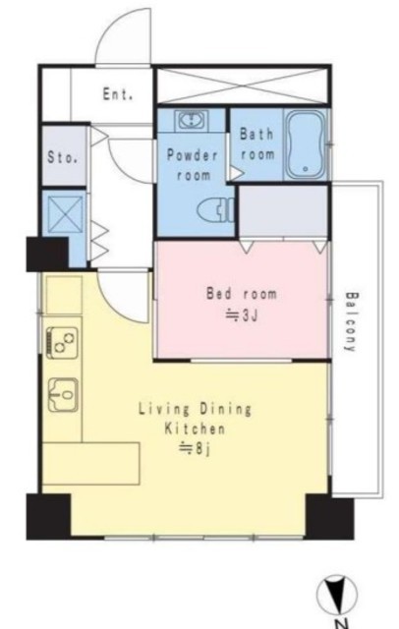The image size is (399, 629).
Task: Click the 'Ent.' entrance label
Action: pyautogui.click(x=118, y=94)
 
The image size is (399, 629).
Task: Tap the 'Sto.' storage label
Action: pyautogui.click(x=62, y=157)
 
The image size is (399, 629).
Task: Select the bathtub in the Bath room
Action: pyautogui.click(x=306, y=144)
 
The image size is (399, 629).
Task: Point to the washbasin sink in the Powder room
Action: pyautogui.click(x=193, y=120)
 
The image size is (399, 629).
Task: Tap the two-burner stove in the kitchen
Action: pyautogui.click(x=62, y=342)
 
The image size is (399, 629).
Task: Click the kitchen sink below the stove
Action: pyautogui.click(x=63, y=395)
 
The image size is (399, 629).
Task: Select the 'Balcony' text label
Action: pyautogui.click(x=351, y=321)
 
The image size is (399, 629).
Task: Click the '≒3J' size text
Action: pyautogui.click(x=241, y=316)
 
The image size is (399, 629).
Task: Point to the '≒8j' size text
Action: pyautogui.click(x=194, y=448)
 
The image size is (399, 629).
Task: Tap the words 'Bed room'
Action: pyautogui.click(x=242, y=294)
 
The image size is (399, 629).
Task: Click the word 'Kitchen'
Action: pyautogui.click(x=195, y=429)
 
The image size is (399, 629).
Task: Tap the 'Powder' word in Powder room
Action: pyautogui.click(x=193, y=155)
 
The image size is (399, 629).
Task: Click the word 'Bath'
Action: pyautogui.click(x=256, y=134)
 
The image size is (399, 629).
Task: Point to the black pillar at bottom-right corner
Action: pyautogui.click(x=329, y=517)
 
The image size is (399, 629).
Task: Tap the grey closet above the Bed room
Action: pyautogui.click(x=283, y=211)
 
